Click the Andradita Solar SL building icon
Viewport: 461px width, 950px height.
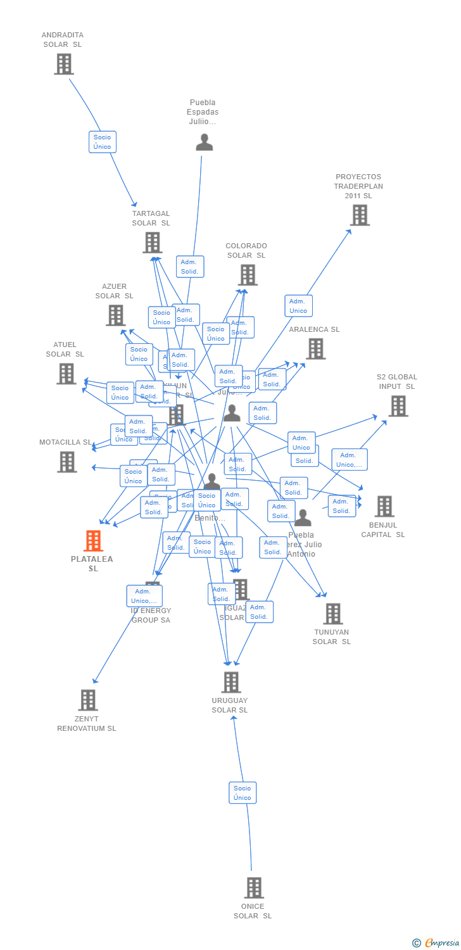click(64, 64)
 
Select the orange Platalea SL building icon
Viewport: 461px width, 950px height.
click(94, 541)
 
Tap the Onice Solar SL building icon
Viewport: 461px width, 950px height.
click(254, 887)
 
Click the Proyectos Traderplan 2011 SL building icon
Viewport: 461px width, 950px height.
click(360, 215)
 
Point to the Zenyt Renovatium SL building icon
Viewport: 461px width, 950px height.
click(88, 700)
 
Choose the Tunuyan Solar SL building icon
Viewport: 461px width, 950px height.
click(332, 613)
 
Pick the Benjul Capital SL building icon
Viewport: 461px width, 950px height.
click(384, 506)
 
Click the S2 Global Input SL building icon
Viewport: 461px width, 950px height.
click(398, 406)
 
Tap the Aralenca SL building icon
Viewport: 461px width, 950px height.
click(315, 348)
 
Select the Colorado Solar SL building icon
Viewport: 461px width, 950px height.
click(248, 275)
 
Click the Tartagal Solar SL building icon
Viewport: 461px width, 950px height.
click(152, 242)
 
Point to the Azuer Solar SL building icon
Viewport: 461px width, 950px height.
click(116, 315)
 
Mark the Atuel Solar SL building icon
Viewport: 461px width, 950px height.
click(66, 374)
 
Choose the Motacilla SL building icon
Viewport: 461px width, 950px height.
click(67, 462)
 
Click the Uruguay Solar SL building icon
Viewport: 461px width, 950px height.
click(231, 682)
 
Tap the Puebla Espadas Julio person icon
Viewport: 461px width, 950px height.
click(204, 142)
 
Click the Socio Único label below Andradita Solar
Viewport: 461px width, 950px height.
click(102, 142)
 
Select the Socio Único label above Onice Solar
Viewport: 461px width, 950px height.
click(243, 792)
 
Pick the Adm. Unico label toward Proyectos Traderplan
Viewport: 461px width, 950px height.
click(298, 306)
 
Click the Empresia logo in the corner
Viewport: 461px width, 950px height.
click(436, 943)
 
